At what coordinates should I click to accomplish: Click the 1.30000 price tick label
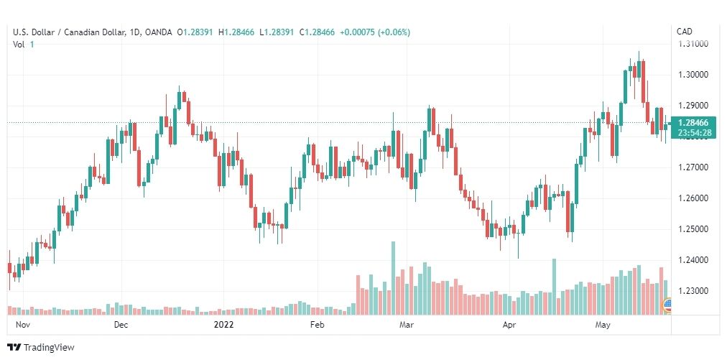coord(693,75)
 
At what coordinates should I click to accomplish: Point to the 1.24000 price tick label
coord(693,260)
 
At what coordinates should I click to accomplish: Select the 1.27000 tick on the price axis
coord(693,167)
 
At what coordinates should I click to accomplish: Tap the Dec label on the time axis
coord(121,325)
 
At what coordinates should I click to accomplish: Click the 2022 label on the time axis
coord(223,325)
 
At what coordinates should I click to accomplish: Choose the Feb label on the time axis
coord(317,325)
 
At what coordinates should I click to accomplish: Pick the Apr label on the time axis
coord(509,325)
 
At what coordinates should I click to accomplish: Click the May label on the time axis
coord(602,325)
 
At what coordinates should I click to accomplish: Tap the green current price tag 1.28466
coord(693,123)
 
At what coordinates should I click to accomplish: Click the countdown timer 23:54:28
coord(693,133)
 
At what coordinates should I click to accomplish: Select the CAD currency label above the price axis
coord(685,32)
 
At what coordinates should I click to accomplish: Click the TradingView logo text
coord(49,348)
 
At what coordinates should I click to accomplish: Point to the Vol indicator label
coord(18,44)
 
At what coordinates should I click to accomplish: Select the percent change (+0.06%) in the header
coord(394,32)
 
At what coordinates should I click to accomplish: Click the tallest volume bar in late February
coord(393,278)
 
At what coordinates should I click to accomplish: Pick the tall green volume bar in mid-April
coord(554,287)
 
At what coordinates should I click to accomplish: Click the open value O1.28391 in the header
coord(195,32)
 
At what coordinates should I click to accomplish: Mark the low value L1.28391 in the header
coord(277,32)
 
